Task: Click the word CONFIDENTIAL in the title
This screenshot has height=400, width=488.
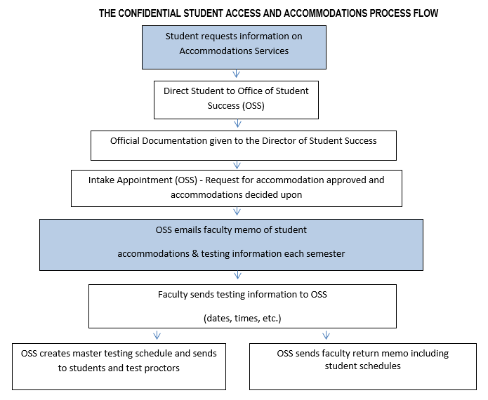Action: click(x=149, y=13)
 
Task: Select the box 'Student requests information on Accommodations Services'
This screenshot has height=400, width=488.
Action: click(x=234, y=47)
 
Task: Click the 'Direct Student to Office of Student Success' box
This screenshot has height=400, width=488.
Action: click(x=236, y=100)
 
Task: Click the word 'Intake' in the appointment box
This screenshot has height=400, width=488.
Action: click(x=101, y=180)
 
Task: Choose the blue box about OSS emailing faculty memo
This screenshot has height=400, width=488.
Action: click(x=231, y=245)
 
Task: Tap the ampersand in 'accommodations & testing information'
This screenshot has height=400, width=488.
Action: click(x=195, y=254)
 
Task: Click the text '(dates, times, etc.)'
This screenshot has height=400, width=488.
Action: click(x=242, y=319)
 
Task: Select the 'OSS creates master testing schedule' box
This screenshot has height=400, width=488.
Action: click(x=119, y=366)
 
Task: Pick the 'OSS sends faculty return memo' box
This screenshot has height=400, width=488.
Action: click(x=363, y=366)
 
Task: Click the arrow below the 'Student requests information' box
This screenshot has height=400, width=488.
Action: click(x=236, y=74)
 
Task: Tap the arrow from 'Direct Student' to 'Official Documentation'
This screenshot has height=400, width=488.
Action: click(x=237, y=124)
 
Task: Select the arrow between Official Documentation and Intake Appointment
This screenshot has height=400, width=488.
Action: click(x=237, y=164)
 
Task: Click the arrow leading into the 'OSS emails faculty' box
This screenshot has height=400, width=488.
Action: click(x=237, y=211)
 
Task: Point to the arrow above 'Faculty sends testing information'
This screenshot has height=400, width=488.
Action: click(x=237, y=275)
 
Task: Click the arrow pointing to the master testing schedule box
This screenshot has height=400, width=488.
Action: click(x=157, y=335)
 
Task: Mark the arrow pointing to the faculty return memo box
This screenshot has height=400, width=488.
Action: click(x=326, y=335)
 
